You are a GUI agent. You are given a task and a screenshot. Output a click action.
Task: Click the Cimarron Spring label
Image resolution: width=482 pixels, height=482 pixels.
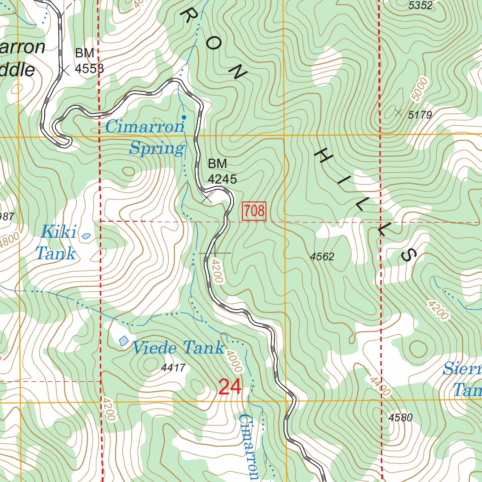(145, 137)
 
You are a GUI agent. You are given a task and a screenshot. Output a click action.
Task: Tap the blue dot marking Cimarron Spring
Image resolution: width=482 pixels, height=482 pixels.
(184, 117)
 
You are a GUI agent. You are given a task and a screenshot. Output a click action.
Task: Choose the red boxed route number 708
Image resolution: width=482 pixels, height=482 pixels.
(254, 211)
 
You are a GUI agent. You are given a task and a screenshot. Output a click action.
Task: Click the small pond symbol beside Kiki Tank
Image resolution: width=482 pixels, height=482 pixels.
(87, 235)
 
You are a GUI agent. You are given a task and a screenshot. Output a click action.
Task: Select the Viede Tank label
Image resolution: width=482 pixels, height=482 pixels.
(177, 348)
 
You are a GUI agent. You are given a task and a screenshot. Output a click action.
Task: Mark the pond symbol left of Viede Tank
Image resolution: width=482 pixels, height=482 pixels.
(123, 340)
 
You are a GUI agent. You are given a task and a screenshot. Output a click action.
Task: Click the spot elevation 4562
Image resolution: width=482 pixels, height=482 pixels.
(322, 257)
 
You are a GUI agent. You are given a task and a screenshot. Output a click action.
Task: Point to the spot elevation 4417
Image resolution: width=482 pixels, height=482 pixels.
(173, 367)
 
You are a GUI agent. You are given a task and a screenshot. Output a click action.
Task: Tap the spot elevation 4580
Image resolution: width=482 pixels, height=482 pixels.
(400, 417)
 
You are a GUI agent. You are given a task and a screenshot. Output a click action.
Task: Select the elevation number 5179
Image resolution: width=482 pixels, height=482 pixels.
(420, 114)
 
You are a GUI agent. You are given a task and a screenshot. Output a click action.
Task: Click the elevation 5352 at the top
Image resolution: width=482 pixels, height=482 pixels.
(420, 6)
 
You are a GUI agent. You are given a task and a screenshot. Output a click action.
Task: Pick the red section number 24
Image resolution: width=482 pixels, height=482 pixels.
(230, 387)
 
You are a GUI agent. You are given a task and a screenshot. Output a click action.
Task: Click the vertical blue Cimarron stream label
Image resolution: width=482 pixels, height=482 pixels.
(249, 446)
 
